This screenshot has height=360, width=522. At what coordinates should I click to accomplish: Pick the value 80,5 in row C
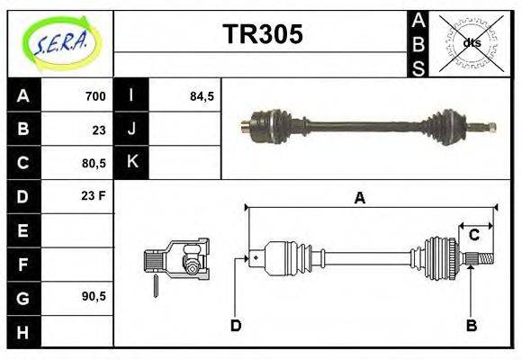coord(93,164)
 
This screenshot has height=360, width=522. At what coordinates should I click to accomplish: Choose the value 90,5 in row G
coord(93,296)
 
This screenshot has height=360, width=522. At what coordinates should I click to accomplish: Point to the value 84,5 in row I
coord(202,96)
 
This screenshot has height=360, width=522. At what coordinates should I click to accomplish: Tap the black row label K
coord(131,163)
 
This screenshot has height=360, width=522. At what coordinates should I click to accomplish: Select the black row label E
coord(23,230)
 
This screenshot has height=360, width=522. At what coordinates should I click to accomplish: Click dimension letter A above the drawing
coord(360,199)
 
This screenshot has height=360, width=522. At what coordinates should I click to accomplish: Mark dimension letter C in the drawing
coord(473,236)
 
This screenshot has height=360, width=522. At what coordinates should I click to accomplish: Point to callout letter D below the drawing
coord(236,326)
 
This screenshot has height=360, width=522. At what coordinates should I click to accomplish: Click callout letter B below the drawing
coord(471,326)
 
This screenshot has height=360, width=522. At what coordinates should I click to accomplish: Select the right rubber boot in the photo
coord(445,128)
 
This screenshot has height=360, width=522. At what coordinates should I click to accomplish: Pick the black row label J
coord(131,130)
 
